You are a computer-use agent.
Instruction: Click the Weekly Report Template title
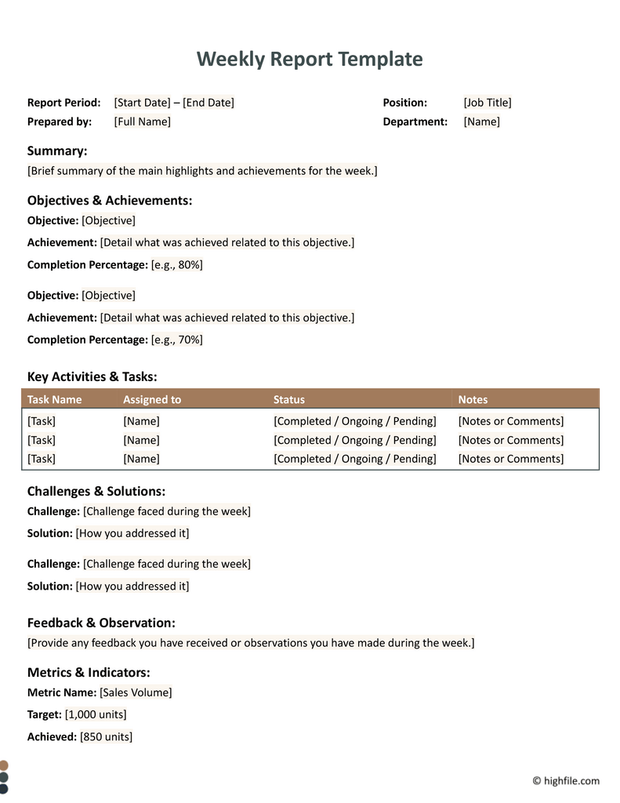(310, 59)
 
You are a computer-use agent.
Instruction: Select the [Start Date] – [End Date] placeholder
(174, 103)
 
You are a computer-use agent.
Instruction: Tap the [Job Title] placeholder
(488, 103)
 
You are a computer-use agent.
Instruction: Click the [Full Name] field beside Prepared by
(142, 122)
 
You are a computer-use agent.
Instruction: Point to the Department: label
(415, 122)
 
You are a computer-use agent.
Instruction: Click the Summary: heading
(57, 151)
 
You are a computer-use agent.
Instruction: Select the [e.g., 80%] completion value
(177, 265)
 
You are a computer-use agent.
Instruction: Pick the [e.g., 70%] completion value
(177, 340)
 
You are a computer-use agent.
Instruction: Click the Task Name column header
(54, 400)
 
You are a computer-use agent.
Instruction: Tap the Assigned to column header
(152, 400)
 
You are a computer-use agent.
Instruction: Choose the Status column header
(289, 400)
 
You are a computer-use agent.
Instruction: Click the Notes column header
(473, 400)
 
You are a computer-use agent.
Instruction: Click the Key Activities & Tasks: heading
(92, 376)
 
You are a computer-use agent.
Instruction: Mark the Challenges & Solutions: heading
(96, 492)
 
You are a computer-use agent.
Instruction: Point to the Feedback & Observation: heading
(101, 623)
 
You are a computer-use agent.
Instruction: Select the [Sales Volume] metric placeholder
(136, 692)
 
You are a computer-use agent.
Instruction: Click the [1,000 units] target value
(96, 714)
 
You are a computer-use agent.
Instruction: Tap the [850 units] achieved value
(106, 737)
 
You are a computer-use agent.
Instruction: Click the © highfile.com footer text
(566, 780)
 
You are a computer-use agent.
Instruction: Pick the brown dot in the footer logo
(4, 765)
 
